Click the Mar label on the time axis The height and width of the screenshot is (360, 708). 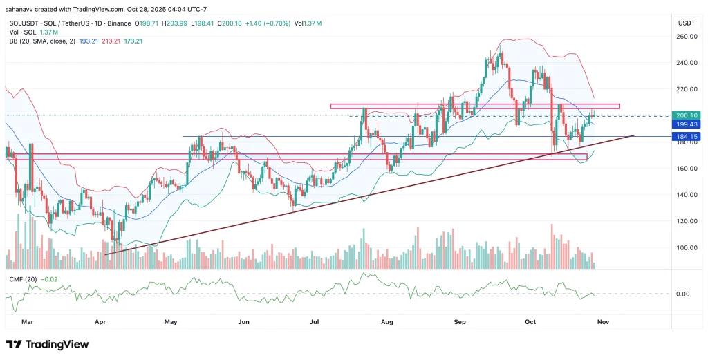click(27, 321)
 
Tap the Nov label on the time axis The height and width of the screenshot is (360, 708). click(604, 321)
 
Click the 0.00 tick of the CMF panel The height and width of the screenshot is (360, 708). click(682, 294)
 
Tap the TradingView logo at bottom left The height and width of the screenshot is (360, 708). click(48, 344)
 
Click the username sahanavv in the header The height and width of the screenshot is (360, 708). click(23, 9)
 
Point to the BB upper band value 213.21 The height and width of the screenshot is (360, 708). click(92, 41)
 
